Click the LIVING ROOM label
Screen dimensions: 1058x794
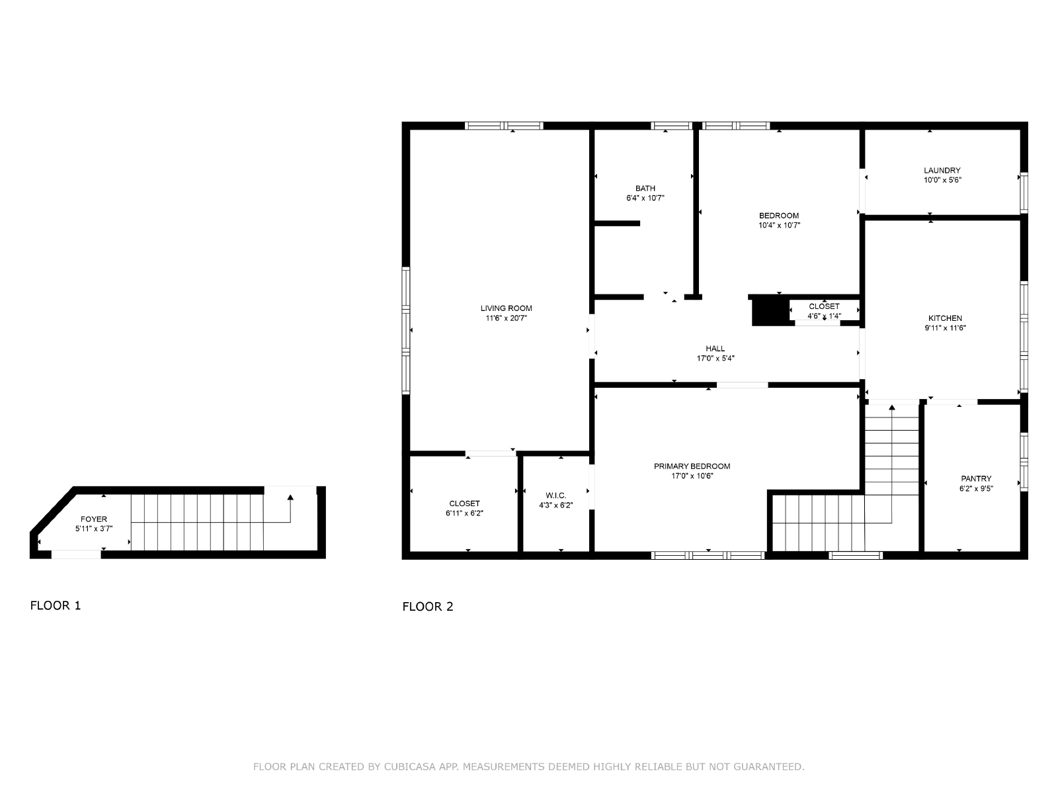506,308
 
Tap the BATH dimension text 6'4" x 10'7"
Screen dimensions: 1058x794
645,198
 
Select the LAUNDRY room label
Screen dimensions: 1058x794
942,170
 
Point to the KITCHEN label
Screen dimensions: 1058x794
945,318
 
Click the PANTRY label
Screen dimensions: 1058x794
976,478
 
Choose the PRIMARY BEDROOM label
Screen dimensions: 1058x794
692,466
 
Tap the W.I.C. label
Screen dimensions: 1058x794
555,496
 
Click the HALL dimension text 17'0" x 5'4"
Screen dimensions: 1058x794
715,358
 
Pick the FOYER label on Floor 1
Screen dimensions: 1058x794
93,519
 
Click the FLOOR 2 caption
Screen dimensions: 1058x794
428,607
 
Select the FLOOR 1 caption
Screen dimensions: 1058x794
56,605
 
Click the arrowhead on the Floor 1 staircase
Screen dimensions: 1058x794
290,497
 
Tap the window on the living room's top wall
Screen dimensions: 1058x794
504,126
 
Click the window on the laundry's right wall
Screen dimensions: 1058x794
1024,193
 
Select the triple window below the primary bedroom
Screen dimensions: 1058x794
708,555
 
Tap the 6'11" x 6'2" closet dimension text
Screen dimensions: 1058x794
464,513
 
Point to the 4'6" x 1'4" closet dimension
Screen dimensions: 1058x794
824,316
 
